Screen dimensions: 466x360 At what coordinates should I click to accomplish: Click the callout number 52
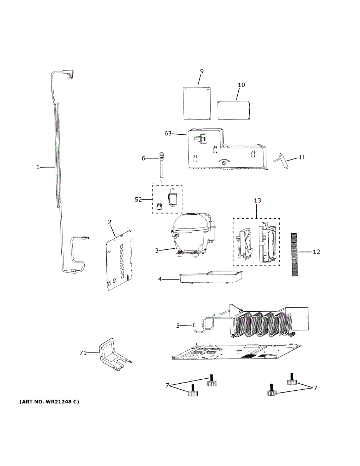click(138, 200)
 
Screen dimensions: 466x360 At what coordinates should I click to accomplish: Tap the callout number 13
click(257, 200)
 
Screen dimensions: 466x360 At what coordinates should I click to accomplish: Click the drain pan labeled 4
click(210, 277)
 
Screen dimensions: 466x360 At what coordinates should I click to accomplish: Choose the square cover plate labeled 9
click(197, 103)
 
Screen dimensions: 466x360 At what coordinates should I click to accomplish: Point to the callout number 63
click(168, 134)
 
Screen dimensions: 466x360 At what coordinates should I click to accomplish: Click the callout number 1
click(38, 167)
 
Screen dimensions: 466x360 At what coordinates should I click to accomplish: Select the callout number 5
click(178, 326)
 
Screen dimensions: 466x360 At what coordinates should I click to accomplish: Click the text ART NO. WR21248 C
click(49, 402)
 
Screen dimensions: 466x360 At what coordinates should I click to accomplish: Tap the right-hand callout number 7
click(315, 388)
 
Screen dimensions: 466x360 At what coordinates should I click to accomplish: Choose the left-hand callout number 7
click(167, 385)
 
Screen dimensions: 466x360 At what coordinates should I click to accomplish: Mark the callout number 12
click(317, 252)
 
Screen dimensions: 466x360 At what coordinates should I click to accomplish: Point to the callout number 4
click(160, 279)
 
